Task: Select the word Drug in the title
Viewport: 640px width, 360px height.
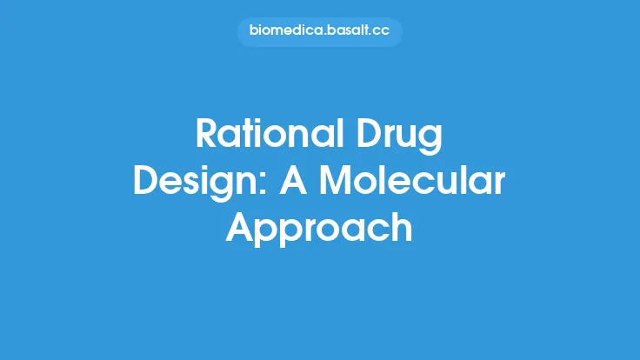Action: (x=404, y=137)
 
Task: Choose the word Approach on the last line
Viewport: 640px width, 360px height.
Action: (x=319, y=229)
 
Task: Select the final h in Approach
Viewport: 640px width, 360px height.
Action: (x=401, y=227)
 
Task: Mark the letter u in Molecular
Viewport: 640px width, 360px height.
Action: (x=449, y=183)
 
